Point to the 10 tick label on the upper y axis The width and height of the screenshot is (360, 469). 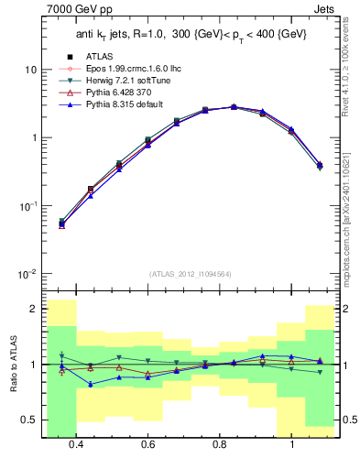30,70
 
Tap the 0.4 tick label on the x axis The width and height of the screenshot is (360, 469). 75,444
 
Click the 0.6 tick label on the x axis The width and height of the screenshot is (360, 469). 147,444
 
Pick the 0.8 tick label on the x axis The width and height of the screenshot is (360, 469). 220,444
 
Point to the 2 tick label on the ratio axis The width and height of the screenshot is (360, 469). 34,310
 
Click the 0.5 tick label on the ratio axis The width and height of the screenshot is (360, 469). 30,420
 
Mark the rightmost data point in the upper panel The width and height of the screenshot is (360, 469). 319,166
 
